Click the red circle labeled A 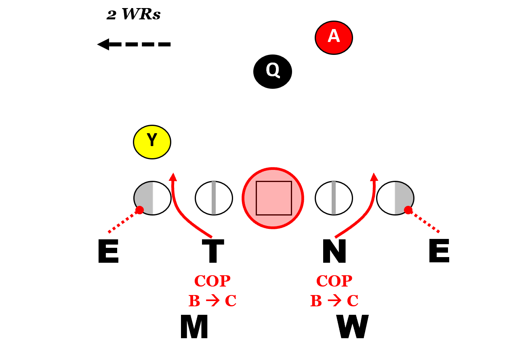pyautogui.click(x=334, y=37)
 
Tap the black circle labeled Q pyautogui.click(x=273, y=71)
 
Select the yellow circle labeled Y pyautogui.click(x=152, y=142)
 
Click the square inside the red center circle pyautogui.click(x=274, y=198)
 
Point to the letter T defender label pyautogui.click(x=213, y=251)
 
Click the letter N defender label pyautogui.click(x=334, y=251)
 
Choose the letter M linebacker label pyautogui.click(x=194, y=327)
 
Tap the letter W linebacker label pyautogui.click(x=353, y=327)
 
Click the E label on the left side pyautogui.click(x=108, y=251)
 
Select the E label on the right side pyautogui.click(x=439, y=251)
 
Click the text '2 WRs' pyautogui.click(x=134, y=15)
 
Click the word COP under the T pyautogui.click(x=212, y=280)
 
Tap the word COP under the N pyautogui.click(x=334, y=280)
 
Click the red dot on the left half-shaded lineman pyautogui.click(x=140, y=210)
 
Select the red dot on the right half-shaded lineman pyautogui.click(x=408, y=210)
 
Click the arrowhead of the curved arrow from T pyautogui.click(x=173, y=177)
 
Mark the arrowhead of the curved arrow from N pyautogui.click(x=374, y=177)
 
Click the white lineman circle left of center pyautogui.click(x=214, y=198)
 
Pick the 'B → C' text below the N pyautogui.click(x=334, y=301)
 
